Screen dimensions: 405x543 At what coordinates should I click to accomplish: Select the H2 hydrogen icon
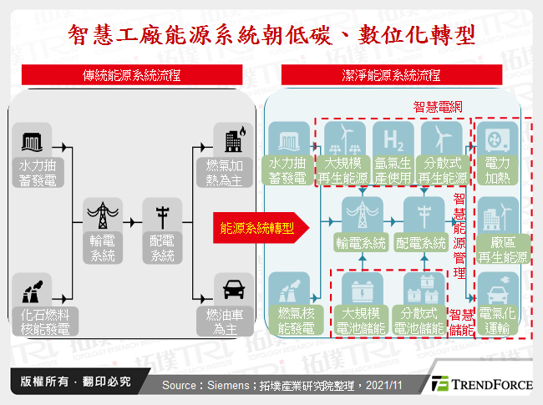pos(393,137)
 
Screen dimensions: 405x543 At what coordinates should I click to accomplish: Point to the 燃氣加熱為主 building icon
pos(230,139)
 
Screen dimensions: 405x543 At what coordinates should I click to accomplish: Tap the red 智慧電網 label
pos(438,108)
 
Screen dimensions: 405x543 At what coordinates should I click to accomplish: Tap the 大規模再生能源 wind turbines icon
pos(343,137)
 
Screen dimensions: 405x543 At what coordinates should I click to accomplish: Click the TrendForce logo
pos(484,384)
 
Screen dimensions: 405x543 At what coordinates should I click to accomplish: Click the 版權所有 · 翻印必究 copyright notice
pos(70,382)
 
